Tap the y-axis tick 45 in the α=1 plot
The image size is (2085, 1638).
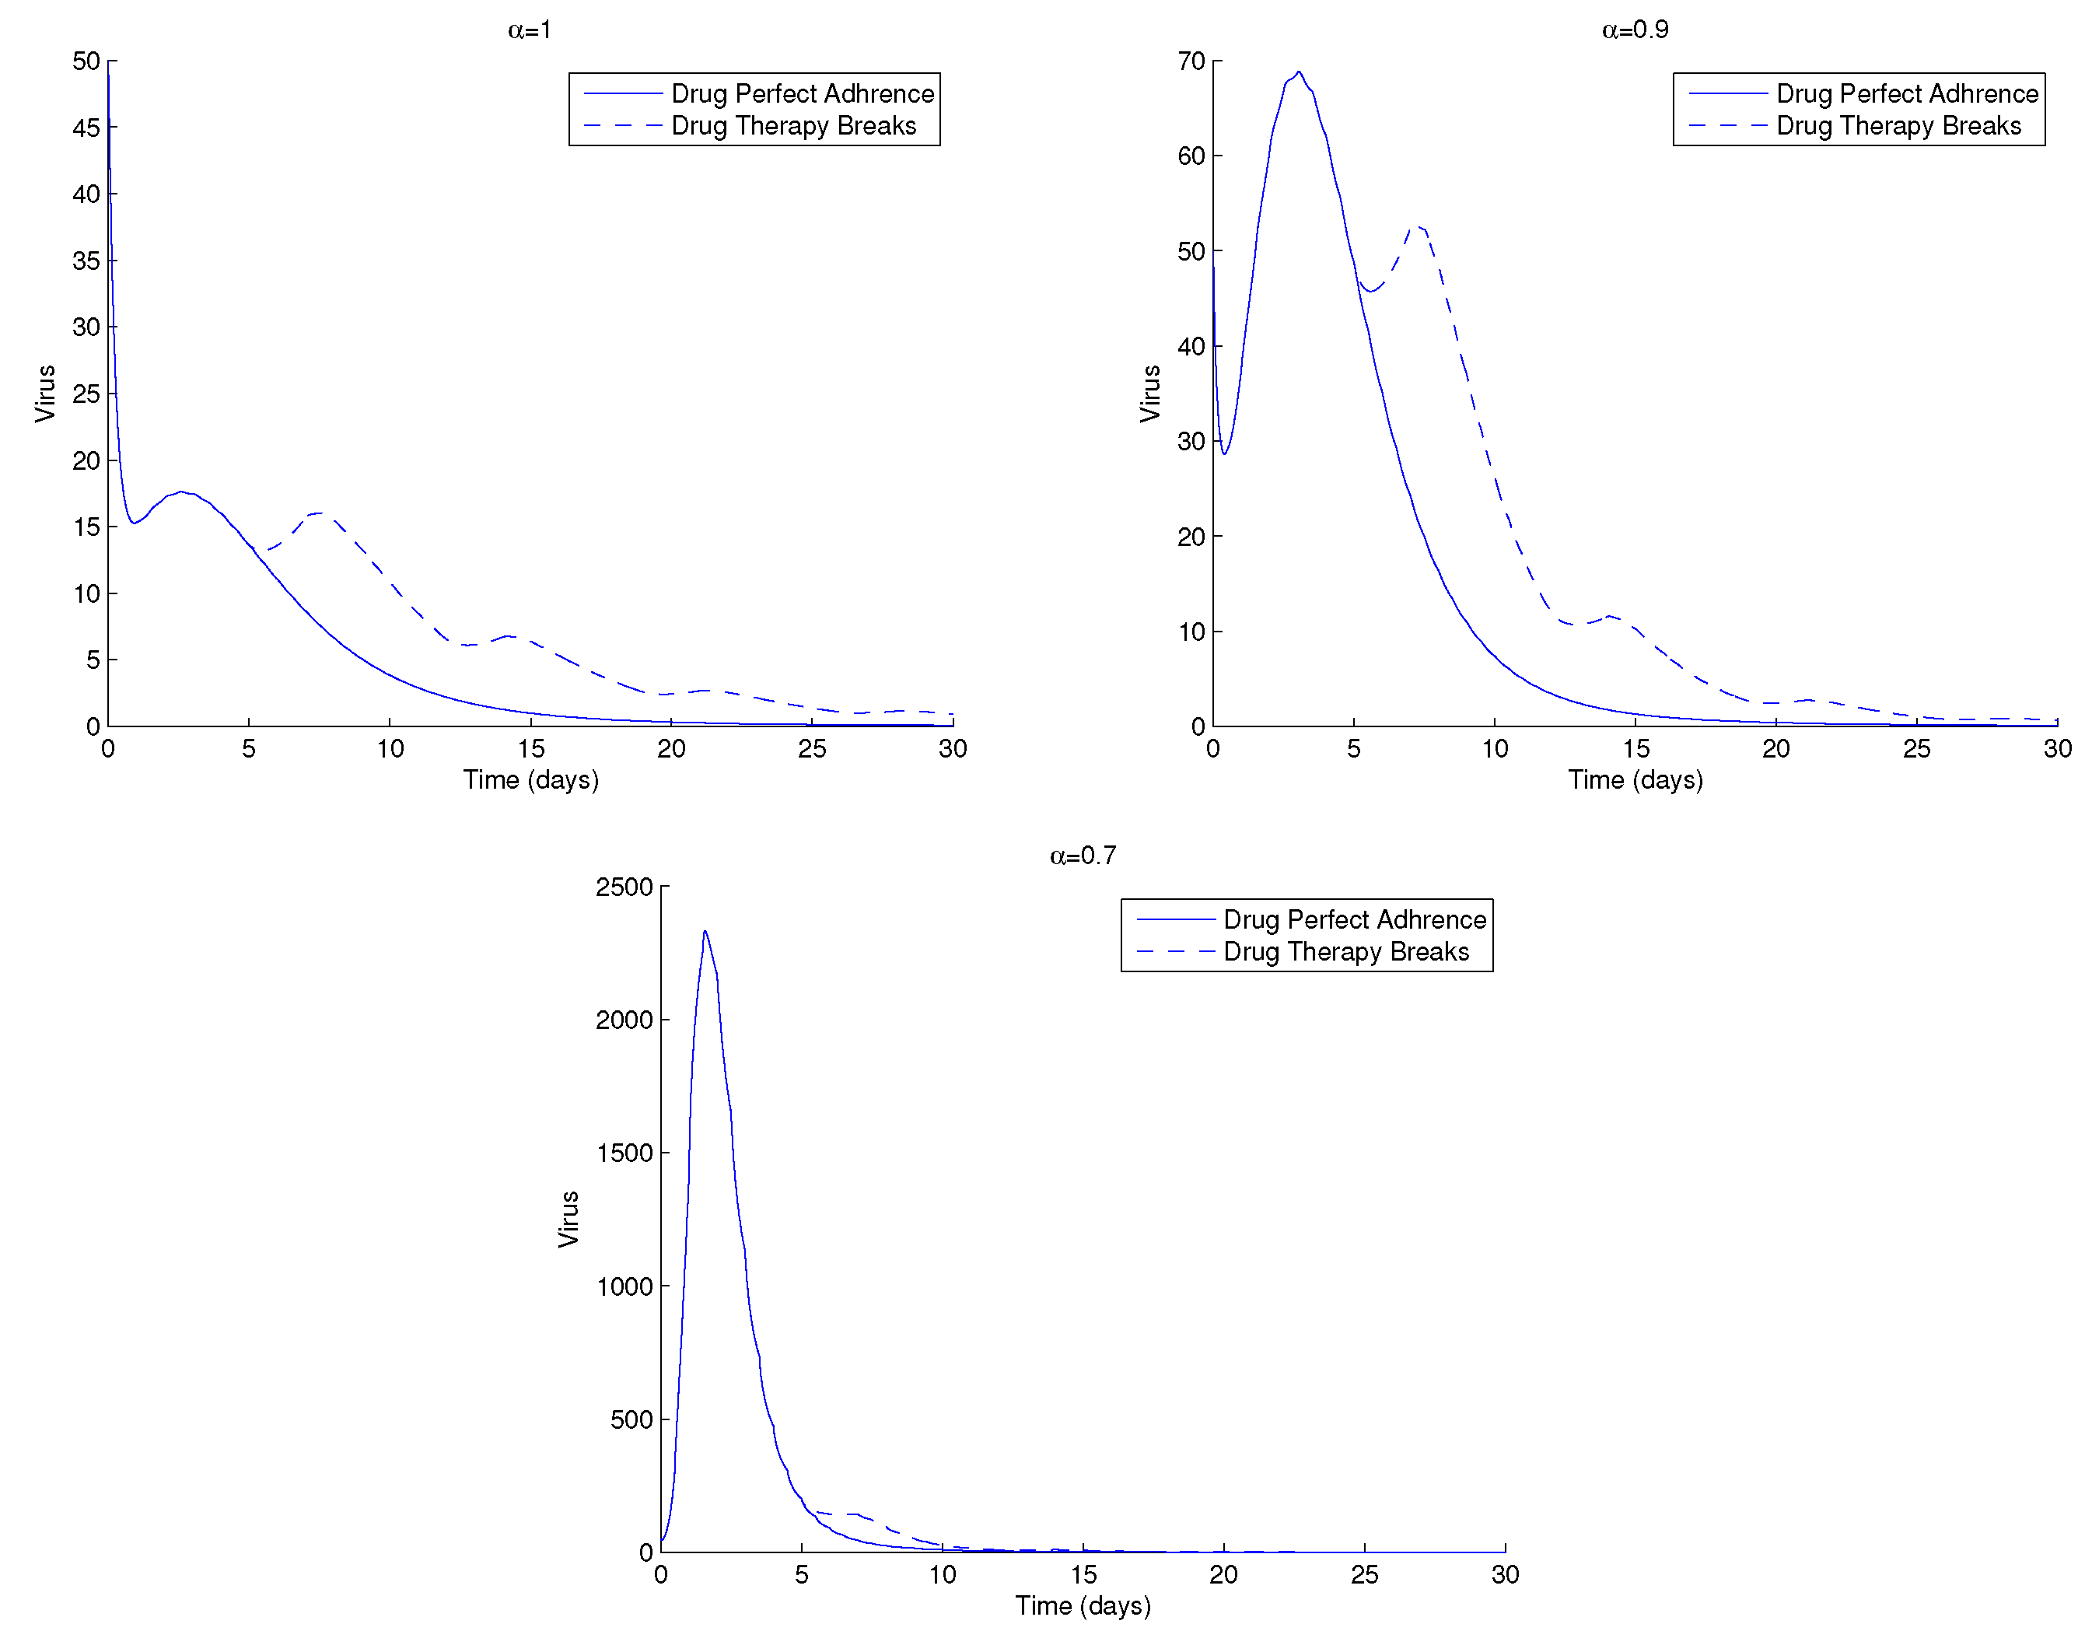coord(86,128)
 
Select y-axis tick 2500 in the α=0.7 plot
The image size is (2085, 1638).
coord(624,887)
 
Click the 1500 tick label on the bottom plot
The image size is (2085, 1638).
coord(624,1153)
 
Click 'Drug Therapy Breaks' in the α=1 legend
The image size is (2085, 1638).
coord(793,126)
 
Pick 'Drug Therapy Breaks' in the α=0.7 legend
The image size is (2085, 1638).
coord(1345,951)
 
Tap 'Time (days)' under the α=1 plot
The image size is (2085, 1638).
coord(530,779)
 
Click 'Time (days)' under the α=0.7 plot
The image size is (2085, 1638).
coord(1082,1605)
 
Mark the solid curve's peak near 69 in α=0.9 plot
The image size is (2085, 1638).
coord(1298,72)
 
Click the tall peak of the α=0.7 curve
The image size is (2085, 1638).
coord(705,931)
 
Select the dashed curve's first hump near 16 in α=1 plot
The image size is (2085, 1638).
coord(317,513)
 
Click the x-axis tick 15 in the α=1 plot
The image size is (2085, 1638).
coord(530,749)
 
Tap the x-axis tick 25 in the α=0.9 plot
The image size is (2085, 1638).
coord(1915,749)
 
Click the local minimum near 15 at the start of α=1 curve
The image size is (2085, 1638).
coord(133,523)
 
